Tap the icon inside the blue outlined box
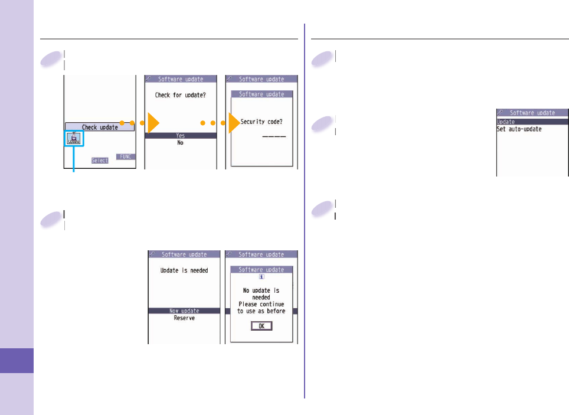pyautogui.click(x=74, y=139)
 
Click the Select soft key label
pyautogui.click(x=100, y=160)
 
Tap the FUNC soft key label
pyautogui.click(x=125, y=156)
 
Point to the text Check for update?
pyautogui.click(x=181, y=94)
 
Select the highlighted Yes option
pyautogui.click(x=181, y=135)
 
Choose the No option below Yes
pyautogui.click(x=181, y=142)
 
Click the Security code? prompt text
pyautogui.click(x=261, y=122)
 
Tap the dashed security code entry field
pyautogui.click(x=273, y=137)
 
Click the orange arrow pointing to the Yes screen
pyautogui.click(x=153, y=124)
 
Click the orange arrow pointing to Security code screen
pyautogui.click(x=234, y=124)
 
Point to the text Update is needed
pyautogui.click(x=184, y=270)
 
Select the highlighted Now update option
pyautogui.click(x=184, y=311)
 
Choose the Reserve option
pyautogui.click(x=184, y=318)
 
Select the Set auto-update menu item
pyautogui.click(x=519, y=129)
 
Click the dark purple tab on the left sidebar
pyautogui.click(x=17, y=361)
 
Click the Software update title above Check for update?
pyautogui.click(x=181, y=79)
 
